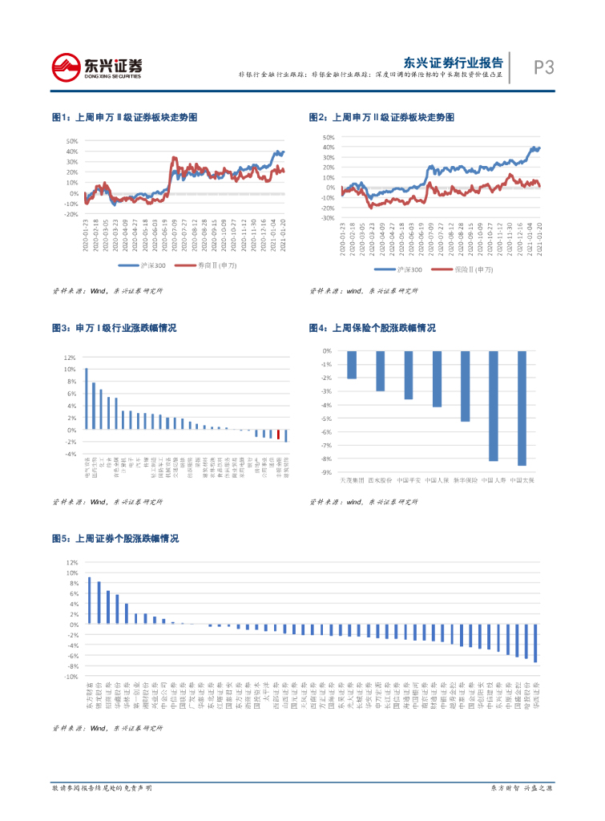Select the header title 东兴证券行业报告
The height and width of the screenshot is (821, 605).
(x=453, y=63)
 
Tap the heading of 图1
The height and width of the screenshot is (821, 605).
(x=124, y=117)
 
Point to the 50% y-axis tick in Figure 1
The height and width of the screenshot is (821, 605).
(x=71, y=141)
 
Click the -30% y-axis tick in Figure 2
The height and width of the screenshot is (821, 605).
(x=328, y=218)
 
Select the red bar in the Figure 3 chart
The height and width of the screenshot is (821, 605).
(x=278, y=435)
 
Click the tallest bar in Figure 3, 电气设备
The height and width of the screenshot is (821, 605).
(x=86, y=399)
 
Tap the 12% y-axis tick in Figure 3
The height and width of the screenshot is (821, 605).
(x=70, y=358)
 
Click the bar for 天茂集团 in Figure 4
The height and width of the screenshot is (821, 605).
(x=352, y=365)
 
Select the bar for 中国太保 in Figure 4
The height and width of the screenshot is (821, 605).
(x=522, y=408)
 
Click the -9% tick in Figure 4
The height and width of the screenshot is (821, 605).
(x=326, y=472)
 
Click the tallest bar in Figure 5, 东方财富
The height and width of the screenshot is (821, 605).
(x=89, y=601)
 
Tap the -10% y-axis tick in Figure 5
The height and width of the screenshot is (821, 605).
(x=72, y=677)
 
